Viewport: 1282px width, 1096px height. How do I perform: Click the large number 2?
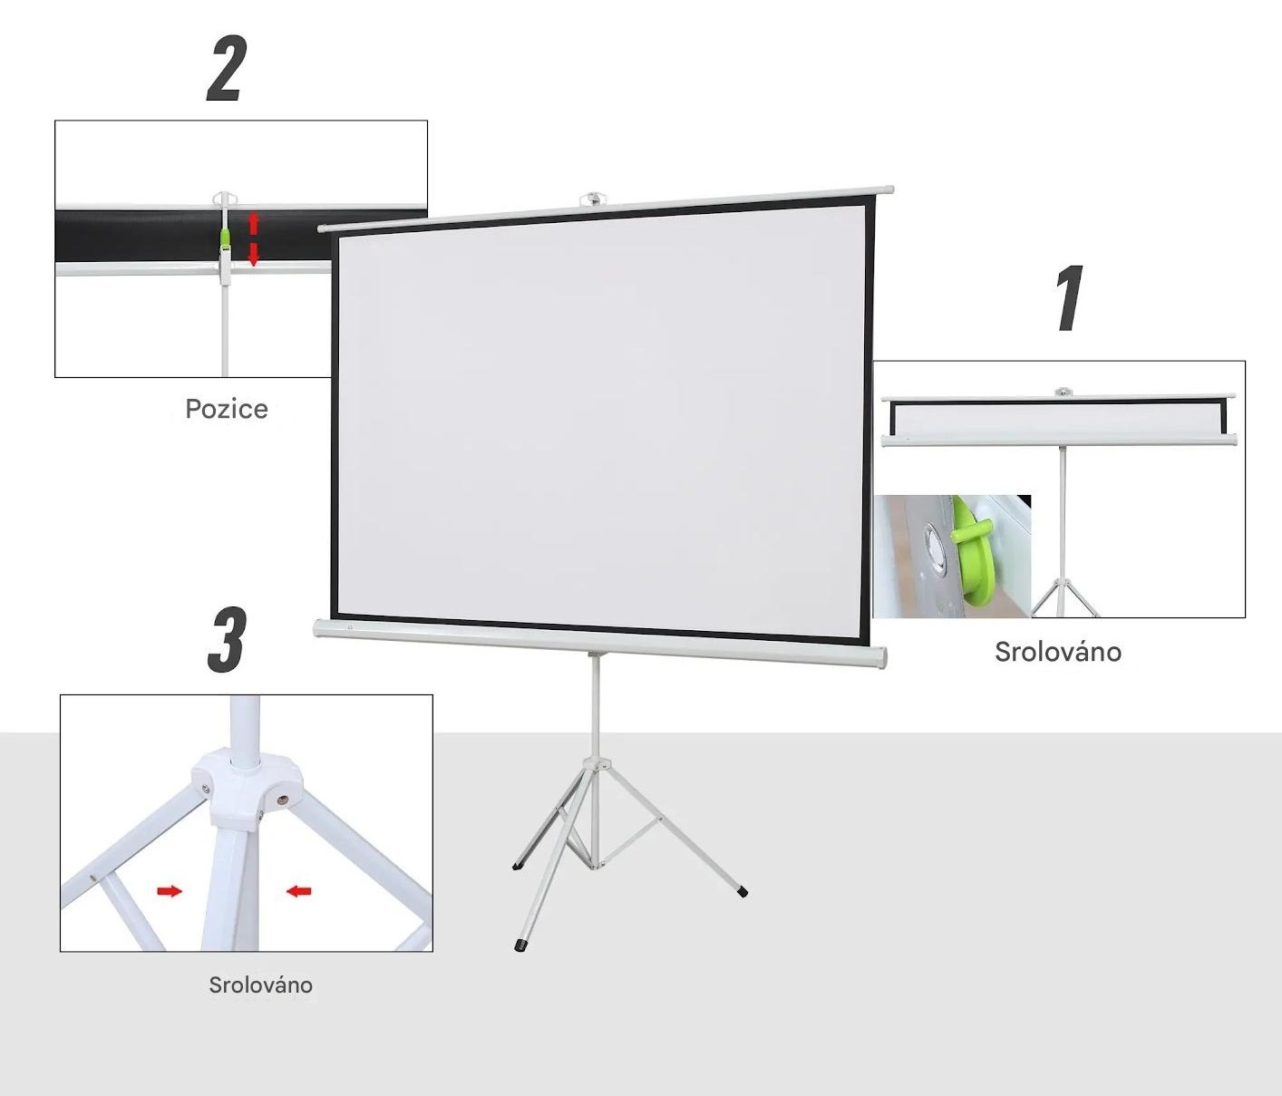click(227, 68)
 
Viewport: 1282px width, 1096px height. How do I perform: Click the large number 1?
click(1069, 297)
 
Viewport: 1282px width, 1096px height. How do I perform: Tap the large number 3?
click(227, 639)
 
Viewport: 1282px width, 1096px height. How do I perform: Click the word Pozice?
click(227, 410)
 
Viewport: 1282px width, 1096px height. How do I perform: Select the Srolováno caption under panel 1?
click(1058, 652)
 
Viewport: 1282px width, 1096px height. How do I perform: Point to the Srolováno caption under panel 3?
click(260, 984)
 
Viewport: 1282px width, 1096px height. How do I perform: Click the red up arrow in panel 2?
click(253, 223)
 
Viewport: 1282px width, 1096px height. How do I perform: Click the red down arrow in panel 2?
click(253, 255)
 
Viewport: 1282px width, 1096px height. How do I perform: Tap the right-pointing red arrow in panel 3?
click(170, 891)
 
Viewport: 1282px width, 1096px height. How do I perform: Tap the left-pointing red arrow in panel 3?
click(299, 891)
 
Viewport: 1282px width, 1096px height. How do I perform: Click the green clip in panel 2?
click(226, 238)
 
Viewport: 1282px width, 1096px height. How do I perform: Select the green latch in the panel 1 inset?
click(972, 551)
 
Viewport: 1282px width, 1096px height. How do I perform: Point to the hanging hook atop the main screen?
click(593, 199)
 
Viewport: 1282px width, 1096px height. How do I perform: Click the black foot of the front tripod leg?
click(520, 946)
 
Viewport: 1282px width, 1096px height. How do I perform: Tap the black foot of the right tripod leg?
click(742, 893)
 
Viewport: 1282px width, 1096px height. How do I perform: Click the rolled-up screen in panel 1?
click(1059, 418)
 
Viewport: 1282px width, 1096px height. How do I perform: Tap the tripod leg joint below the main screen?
click(596, 764)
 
